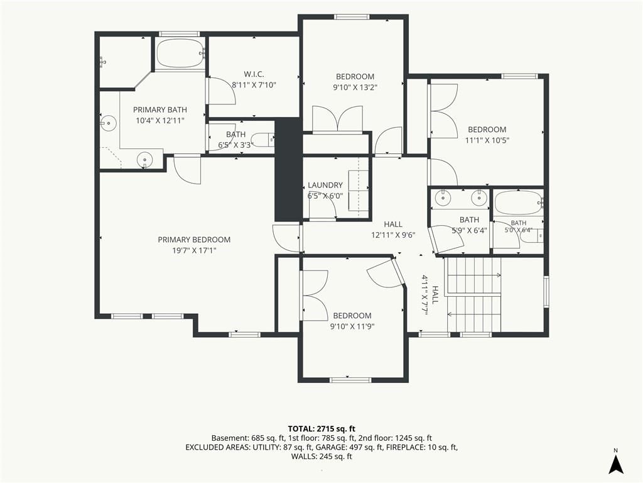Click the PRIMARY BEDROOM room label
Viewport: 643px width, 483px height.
[194, 240]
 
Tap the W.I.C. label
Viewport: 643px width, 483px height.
[254, 74]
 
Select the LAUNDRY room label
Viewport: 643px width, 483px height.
[325, 186]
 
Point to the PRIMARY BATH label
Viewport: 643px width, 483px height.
[160, 109]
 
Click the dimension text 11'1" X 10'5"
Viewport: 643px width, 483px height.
[487, 140]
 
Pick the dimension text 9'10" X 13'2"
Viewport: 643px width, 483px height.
[355, 87]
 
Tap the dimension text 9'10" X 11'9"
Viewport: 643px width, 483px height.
[352, 326]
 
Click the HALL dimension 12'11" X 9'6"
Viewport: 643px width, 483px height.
[393, 235]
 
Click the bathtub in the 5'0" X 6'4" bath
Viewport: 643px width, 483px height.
[518, 203]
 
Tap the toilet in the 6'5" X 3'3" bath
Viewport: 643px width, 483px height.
[262, 139]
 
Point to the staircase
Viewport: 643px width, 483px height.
[473, 294]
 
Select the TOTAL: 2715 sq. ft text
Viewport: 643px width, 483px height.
[321, 429]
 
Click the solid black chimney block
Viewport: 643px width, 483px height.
[288, 170]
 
